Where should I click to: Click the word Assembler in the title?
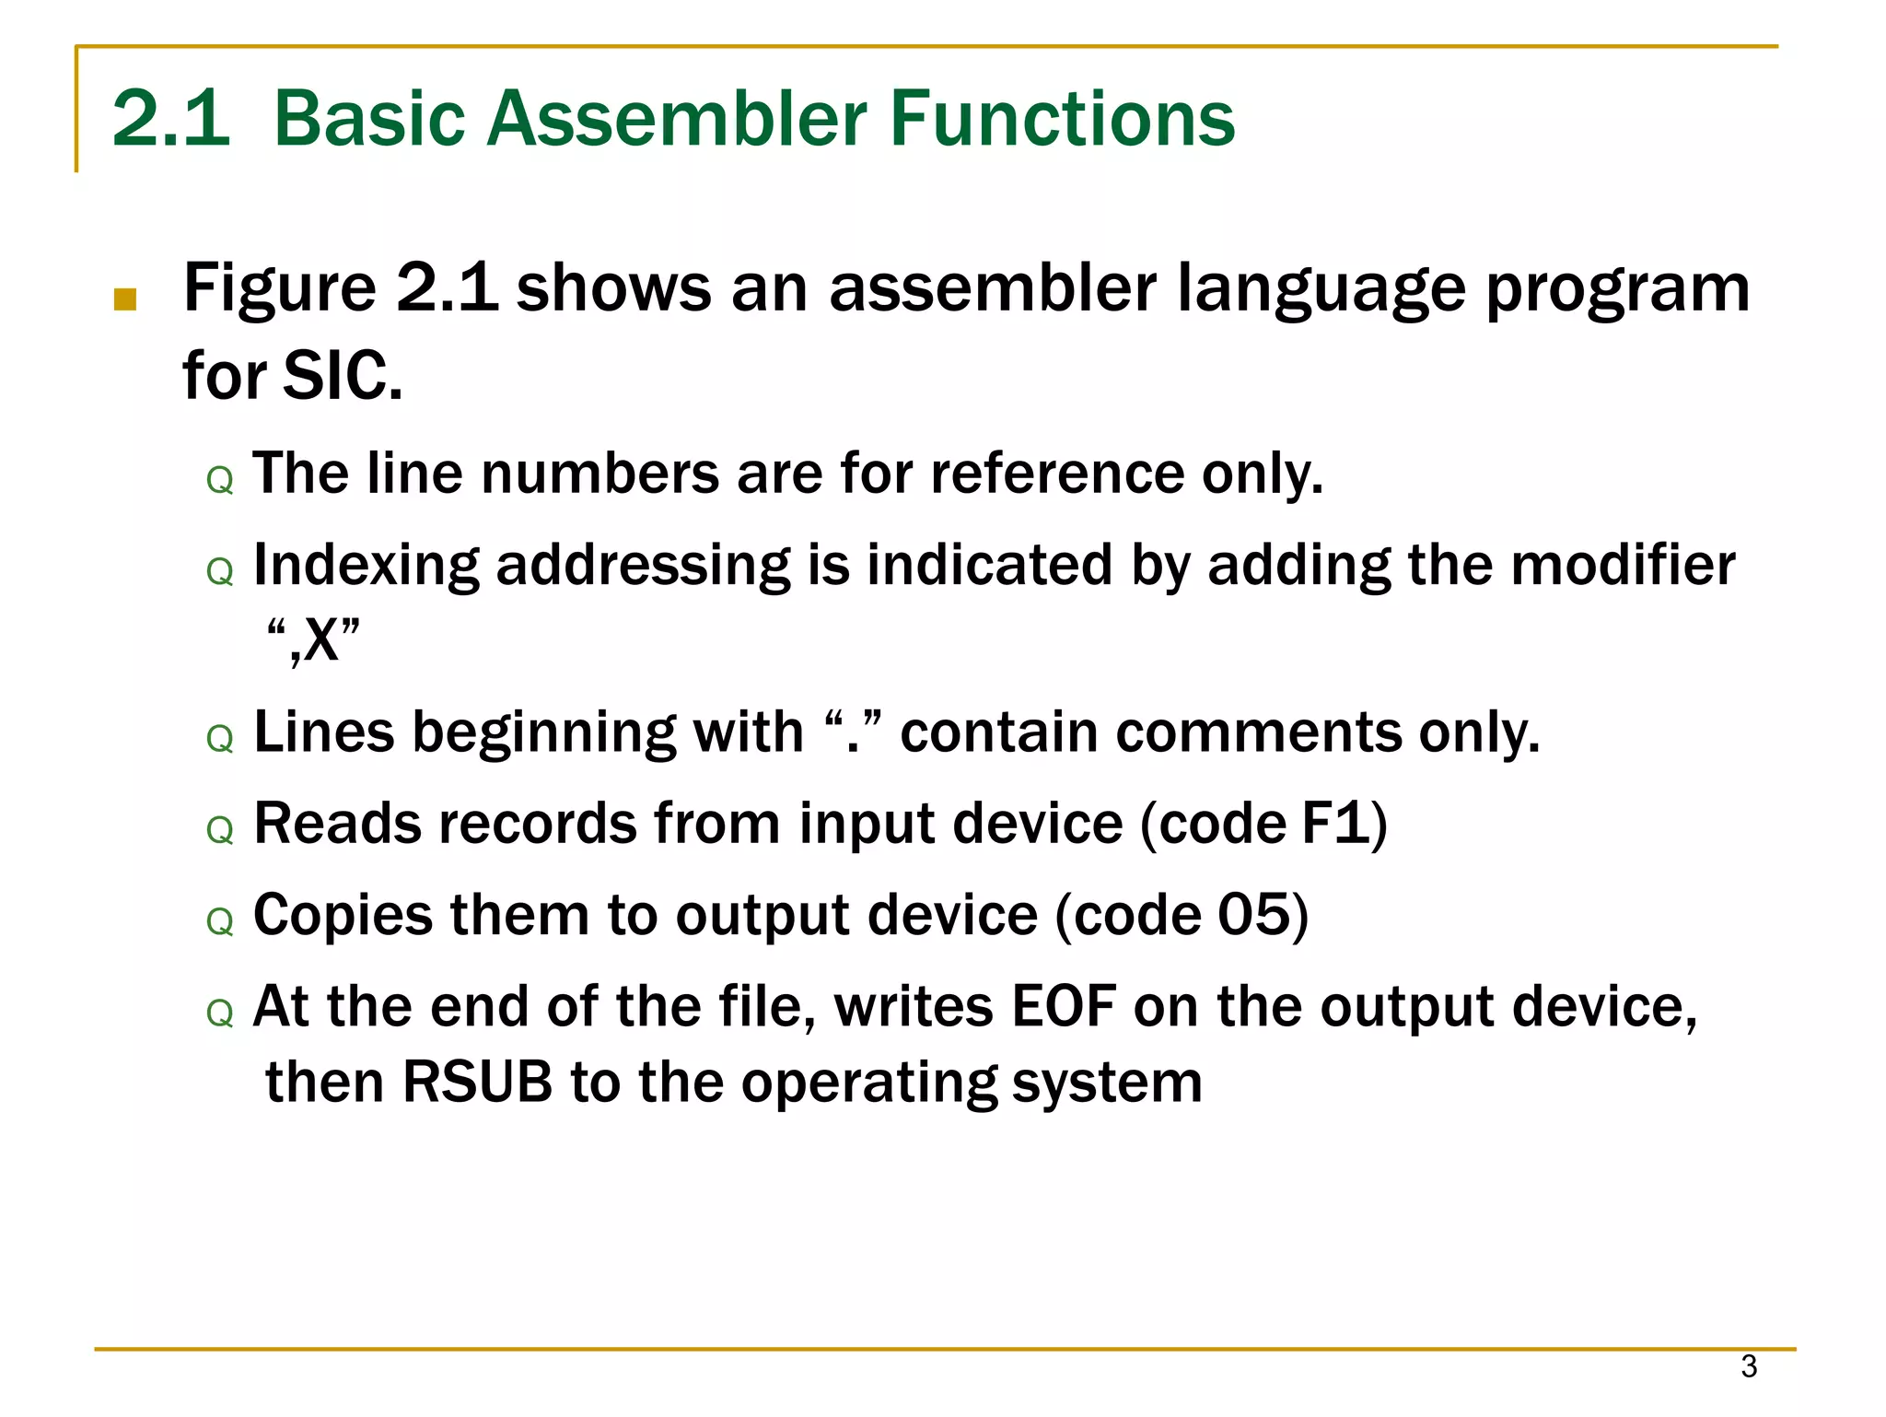pyautogui.click(x=676, y=119)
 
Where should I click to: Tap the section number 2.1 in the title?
pyautogui.click(x=170, y=119)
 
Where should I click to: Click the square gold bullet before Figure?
pyautogui.click(x=125, y=299)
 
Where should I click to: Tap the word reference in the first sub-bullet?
pyautogui.click(x=1056, y=474)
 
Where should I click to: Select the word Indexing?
pyautogui.click(x=366, y=566)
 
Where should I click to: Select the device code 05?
pyautogui.click(x=1253, y=915)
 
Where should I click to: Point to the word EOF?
pyautogui.click(x=1064, y=1006)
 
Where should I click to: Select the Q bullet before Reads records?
pyautogui.click(x=220, y=831)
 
